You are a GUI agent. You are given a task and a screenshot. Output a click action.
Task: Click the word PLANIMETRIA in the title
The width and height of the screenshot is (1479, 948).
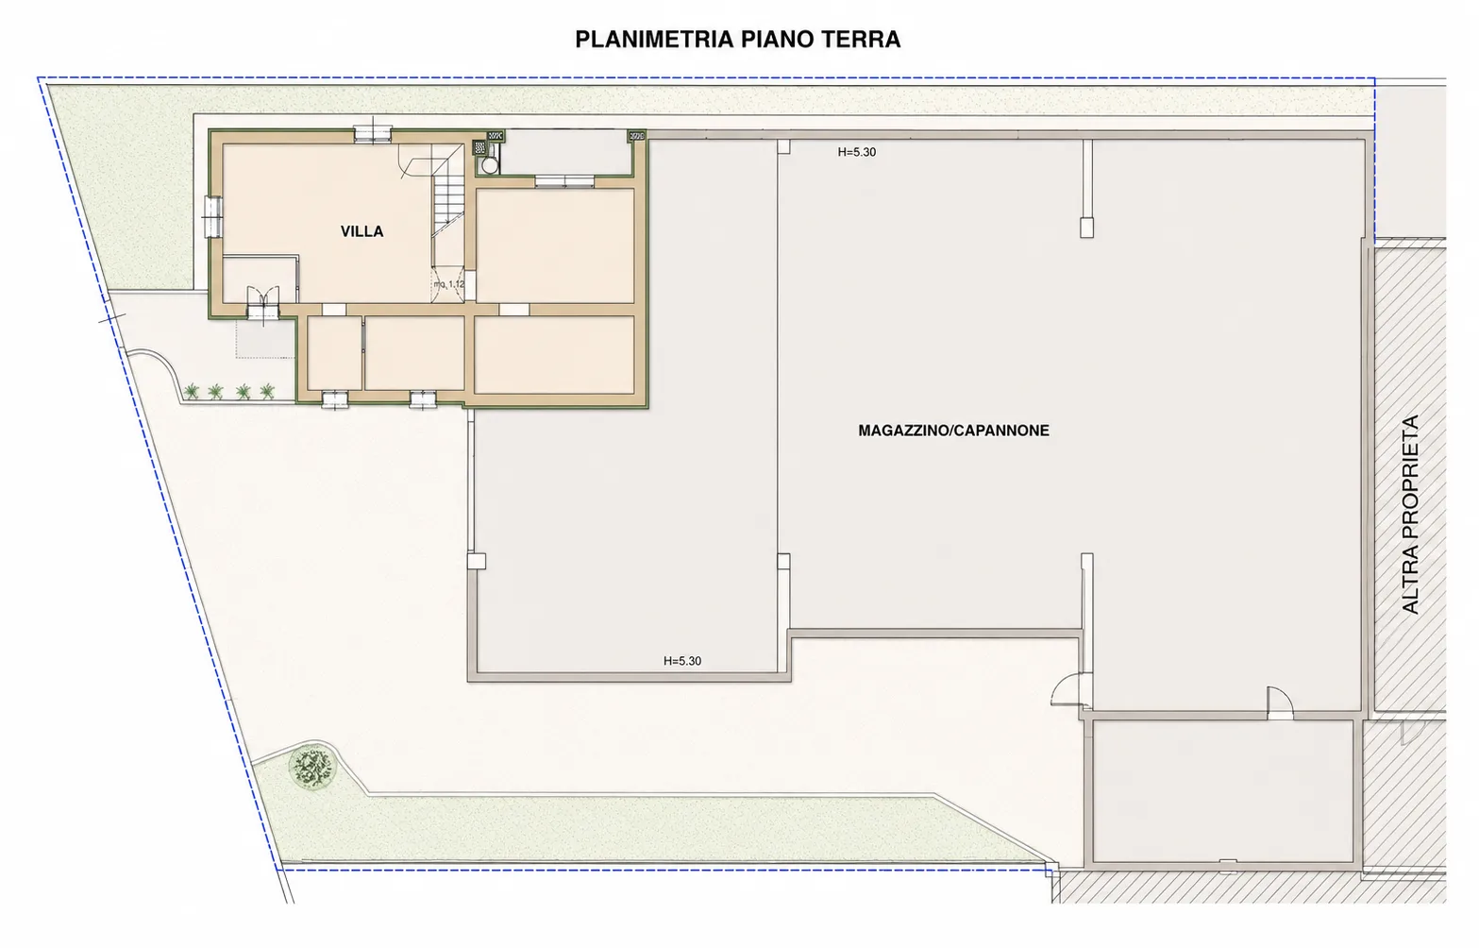654,40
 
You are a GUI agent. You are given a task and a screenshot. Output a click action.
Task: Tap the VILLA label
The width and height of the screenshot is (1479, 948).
361,231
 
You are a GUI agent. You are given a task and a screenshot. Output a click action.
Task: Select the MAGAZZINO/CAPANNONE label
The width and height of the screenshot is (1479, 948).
953,431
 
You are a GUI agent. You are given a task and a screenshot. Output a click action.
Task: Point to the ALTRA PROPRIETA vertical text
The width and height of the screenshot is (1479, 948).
1410,515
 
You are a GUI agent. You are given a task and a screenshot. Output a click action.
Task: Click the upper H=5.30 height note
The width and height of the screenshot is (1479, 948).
856,152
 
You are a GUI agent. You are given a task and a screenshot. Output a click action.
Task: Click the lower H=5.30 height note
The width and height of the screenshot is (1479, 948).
682,661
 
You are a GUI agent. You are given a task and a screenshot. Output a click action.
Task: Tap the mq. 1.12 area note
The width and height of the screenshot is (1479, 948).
449,284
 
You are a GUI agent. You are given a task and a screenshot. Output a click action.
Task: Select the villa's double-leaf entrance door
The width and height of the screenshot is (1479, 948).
263,304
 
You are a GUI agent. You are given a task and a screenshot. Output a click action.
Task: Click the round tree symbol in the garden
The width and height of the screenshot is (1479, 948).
311,768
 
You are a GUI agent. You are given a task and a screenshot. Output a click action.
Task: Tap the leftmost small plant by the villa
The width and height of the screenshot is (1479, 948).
192,392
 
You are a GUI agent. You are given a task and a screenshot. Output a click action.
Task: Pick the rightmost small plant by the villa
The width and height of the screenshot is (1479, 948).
267,392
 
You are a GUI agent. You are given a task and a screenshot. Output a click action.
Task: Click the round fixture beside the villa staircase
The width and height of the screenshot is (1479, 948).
489,165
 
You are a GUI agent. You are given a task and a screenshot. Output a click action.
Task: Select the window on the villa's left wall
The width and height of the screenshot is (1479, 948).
212,216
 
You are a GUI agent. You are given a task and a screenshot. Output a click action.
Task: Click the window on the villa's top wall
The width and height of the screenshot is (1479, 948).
373,134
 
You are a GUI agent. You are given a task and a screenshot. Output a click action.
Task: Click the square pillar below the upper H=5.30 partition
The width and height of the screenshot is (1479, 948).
1086,228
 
